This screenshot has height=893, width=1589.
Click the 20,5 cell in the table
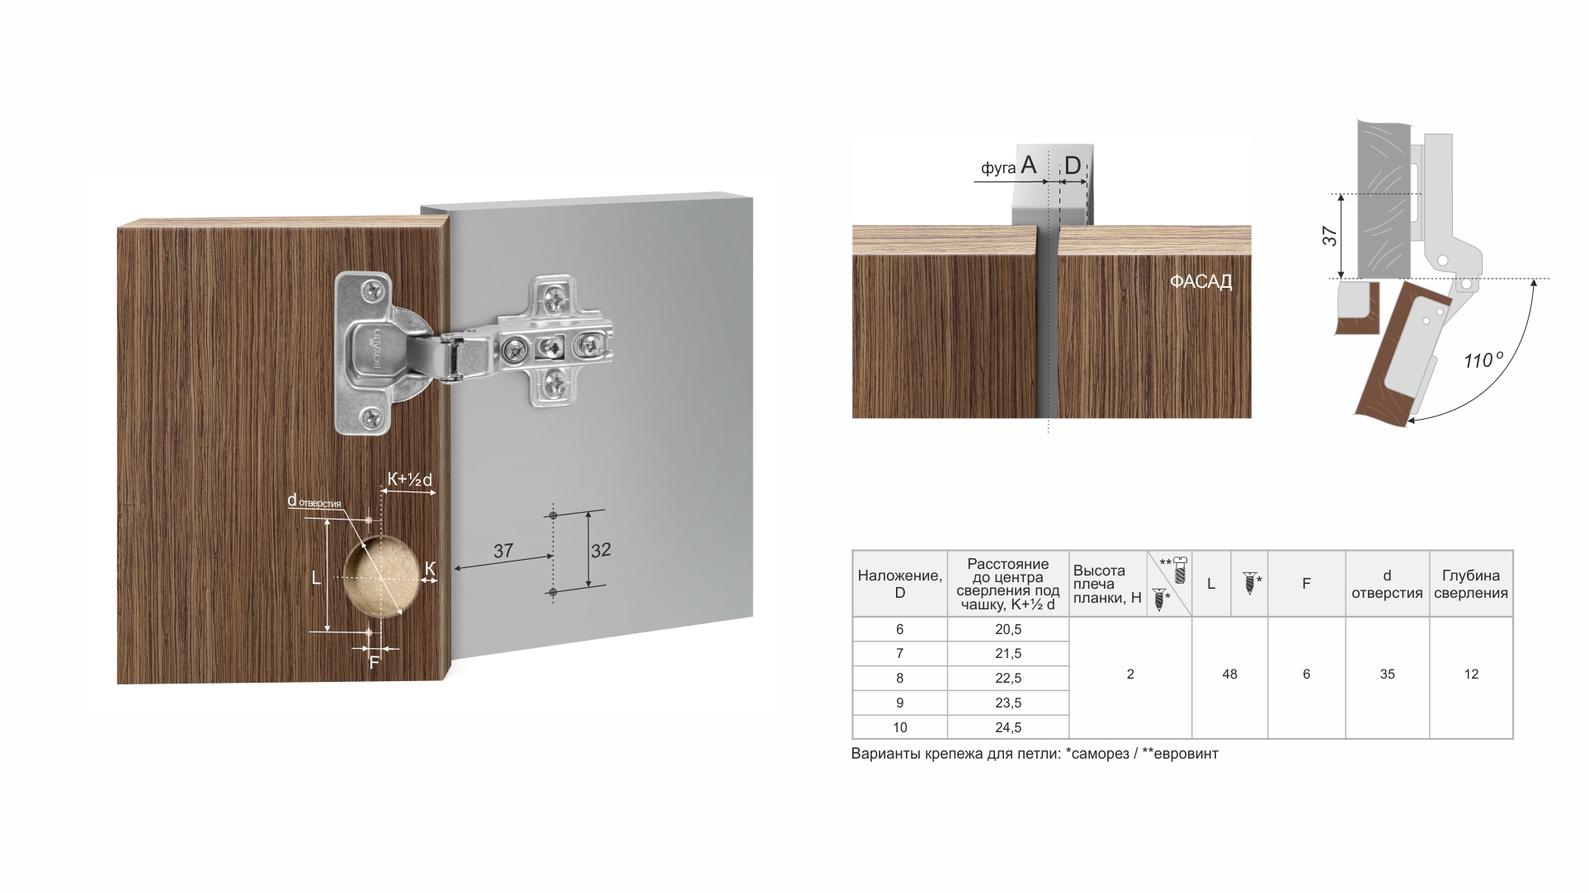(1008, 629)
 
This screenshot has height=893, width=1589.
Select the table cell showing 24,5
(1008, 727)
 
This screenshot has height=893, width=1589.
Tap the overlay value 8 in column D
(899, 679)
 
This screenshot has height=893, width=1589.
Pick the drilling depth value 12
(1471, 674)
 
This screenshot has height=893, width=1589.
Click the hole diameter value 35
(1387, 674)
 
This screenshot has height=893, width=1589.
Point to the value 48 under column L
(1229, 674)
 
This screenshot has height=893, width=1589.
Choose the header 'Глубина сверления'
(1471, 584)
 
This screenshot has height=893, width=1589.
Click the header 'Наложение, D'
(899, 584)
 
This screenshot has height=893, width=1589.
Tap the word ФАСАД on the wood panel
(1200, 282)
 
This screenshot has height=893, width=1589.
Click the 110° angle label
(1483, 360)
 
